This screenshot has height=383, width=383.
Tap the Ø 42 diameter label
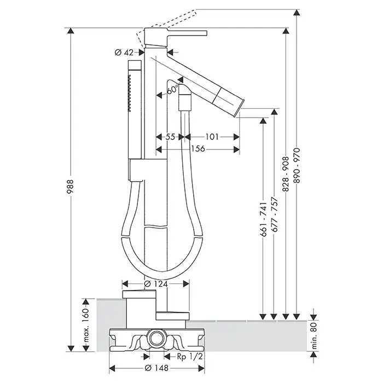(125, 52)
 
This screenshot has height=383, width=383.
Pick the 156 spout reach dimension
(198, 149)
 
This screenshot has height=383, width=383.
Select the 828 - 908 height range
(286, 171)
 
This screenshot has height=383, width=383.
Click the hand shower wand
(134, 109)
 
